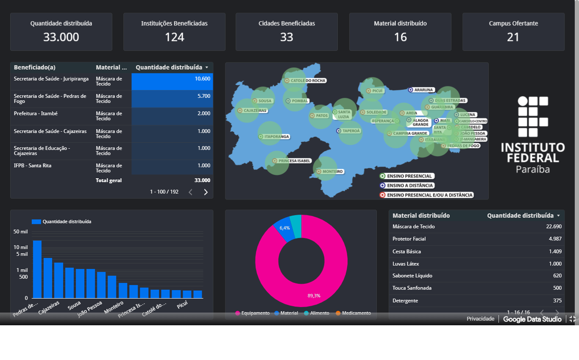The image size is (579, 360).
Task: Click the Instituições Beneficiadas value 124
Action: tap(174, 37)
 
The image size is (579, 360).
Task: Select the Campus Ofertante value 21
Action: tap(513, 37)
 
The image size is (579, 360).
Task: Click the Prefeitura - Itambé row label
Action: tap(36, 114)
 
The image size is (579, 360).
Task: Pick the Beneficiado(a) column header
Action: tap(35, 67)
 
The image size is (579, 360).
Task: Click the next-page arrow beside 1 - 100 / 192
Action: tap(206, 192)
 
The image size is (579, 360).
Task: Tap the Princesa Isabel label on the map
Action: tap(294, 161)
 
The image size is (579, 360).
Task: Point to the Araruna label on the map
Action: tap(423, 90)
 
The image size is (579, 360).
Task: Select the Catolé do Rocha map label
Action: tap(308, 80)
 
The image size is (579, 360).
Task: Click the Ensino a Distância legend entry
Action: tap(409, 186)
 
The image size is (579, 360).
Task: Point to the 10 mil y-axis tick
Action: tap(21, 247)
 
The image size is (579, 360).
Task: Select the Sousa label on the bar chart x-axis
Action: tap(74, 305)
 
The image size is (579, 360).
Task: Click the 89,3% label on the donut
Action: tap(314, 296)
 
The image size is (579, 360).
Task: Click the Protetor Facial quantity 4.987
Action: tap(555, 239)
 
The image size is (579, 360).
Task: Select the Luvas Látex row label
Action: tap(406, 264)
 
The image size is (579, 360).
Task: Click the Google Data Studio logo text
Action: tap(532, 319)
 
